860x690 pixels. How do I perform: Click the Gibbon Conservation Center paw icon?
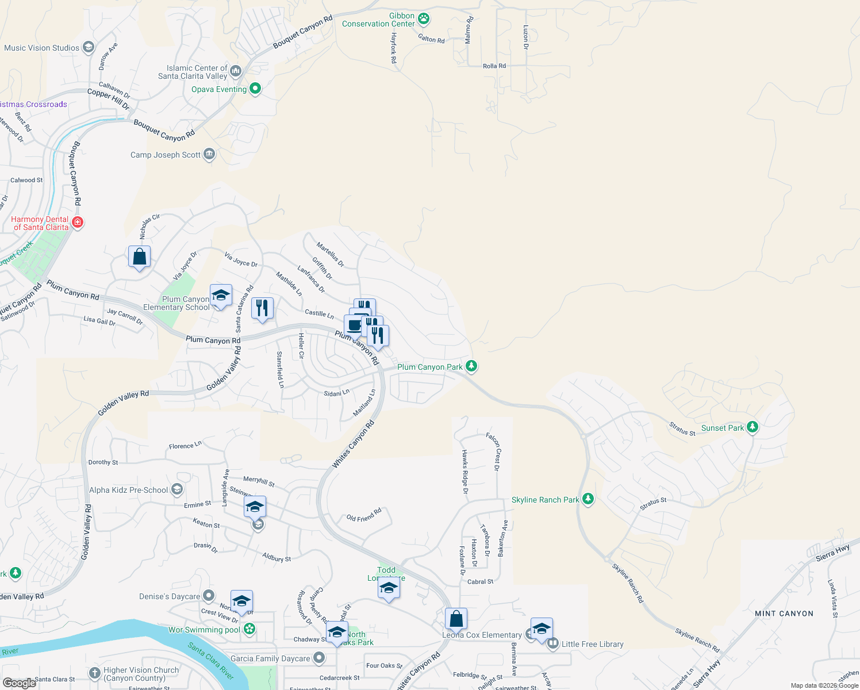pyautogui.click(x=424, y=19)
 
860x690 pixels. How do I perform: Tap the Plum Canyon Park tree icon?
pyautogui.click(x=471, y=366)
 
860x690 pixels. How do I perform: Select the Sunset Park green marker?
pyautogui.click(x=752, y=427)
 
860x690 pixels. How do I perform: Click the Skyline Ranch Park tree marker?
pyautogui.click(x=588, y=499)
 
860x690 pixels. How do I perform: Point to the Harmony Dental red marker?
pyautogui.click(x=78, y=223)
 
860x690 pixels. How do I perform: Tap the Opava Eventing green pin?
pyautogui.click(x=255, y=89)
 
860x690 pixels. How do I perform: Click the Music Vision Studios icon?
pyautogui.click(x=89, y=47)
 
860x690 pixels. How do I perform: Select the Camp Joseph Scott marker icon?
pyautogui.click(x=209, y=154)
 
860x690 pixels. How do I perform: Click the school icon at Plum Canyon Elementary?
pyautogui.click(x=221, y=296)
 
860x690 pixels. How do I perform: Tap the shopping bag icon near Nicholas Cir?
pyautogui.click(x=140, y=256)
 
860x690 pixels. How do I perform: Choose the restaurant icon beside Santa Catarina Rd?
pyautogui.click(x=262, y=308)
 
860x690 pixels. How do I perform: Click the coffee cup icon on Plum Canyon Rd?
pyautogui.click(x=354, y=325)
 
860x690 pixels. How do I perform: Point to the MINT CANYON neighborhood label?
pyautogui.click(x=784, y=614)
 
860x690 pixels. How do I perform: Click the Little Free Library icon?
pyautogui.click(x=553, y=643)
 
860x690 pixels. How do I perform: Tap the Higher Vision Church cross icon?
pyautogui.click(x=95, y=673)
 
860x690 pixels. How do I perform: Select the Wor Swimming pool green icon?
pyautogui.click(x=249, y=629)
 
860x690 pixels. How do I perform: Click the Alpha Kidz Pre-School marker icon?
pyautogui.click(x=177, y=490)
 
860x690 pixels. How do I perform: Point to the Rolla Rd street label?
pyautogui.click(x=494, y=66)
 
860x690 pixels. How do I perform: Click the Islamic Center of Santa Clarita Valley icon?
pyautogui.click(x=236, y=72)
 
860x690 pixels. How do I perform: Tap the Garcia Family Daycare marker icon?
pyautogui.click(x=318, y=658)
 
